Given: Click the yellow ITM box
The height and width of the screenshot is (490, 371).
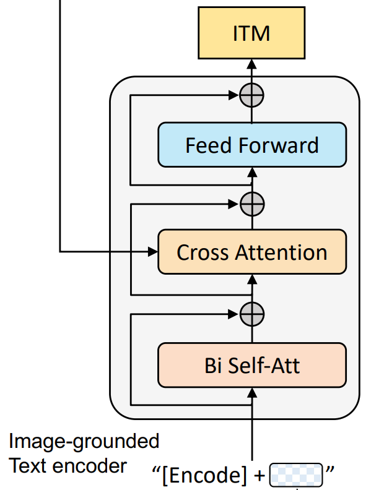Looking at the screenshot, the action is [251, 33].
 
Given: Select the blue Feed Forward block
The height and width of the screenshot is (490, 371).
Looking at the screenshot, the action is [252, 145].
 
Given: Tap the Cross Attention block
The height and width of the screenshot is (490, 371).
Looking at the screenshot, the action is [252, 252].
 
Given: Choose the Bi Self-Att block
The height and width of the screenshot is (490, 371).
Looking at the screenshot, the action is [252, 365].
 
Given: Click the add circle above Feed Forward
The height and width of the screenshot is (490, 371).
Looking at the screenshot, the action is [251, 95].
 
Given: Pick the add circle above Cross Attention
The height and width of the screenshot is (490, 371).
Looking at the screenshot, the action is [252, 204].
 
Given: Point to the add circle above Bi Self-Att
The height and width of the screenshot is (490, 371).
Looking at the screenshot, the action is [252, 314].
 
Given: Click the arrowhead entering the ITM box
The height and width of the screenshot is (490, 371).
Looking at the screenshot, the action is [251, 64].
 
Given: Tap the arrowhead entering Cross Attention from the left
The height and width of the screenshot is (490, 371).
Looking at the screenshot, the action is [152, 252].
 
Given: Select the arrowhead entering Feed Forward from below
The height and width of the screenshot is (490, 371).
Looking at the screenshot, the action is [252, 173].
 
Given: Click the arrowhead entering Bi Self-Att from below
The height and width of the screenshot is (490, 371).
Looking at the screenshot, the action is [252, 393].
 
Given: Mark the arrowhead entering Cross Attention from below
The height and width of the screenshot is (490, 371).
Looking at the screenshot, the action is [252, 280].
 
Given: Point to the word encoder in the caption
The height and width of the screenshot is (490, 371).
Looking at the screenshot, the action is [90, 466].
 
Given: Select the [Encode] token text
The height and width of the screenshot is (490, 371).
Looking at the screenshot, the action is [204, 475].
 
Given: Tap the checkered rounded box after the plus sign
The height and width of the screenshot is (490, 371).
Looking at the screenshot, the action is [296, 475].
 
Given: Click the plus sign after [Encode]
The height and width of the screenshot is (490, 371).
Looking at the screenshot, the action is [260, 476].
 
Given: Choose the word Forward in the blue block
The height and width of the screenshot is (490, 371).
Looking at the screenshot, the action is [279, 145].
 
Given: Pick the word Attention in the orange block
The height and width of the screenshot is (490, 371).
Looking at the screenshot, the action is [281, 252].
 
